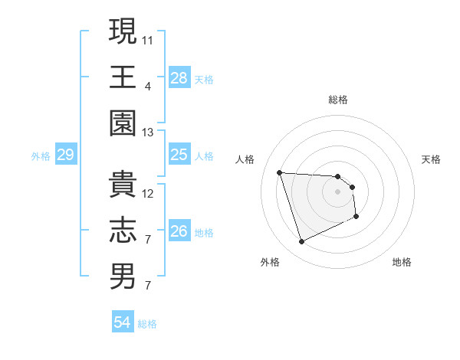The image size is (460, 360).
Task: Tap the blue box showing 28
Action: [x=179, y=78]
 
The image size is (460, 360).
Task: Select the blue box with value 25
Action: [x=179, y=155]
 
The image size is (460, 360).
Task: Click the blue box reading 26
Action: [x=179, y=231]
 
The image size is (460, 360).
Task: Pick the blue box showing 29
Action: [x=65, y=155]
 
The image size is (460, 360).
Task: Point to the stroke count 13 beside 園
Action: [x=148, y=133]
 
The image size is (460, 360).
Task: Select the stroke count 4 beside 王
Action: [x=147, y=86]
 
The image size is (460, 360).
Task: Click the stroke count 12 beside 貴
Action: [x=148, y=193]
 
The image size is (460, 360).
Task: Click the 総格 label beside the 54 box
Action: [x=147, y=324]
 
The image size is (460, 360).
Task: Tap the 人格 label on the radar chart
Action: [x=245, y=159]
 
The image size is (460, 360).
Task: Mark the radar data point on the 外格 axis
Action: [x=301, y=242]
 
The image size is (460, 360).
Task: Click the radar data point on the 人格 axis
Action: [x=280, y=172]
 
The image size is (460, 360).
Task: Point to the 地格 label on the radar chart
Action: [x=402, y=262]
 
